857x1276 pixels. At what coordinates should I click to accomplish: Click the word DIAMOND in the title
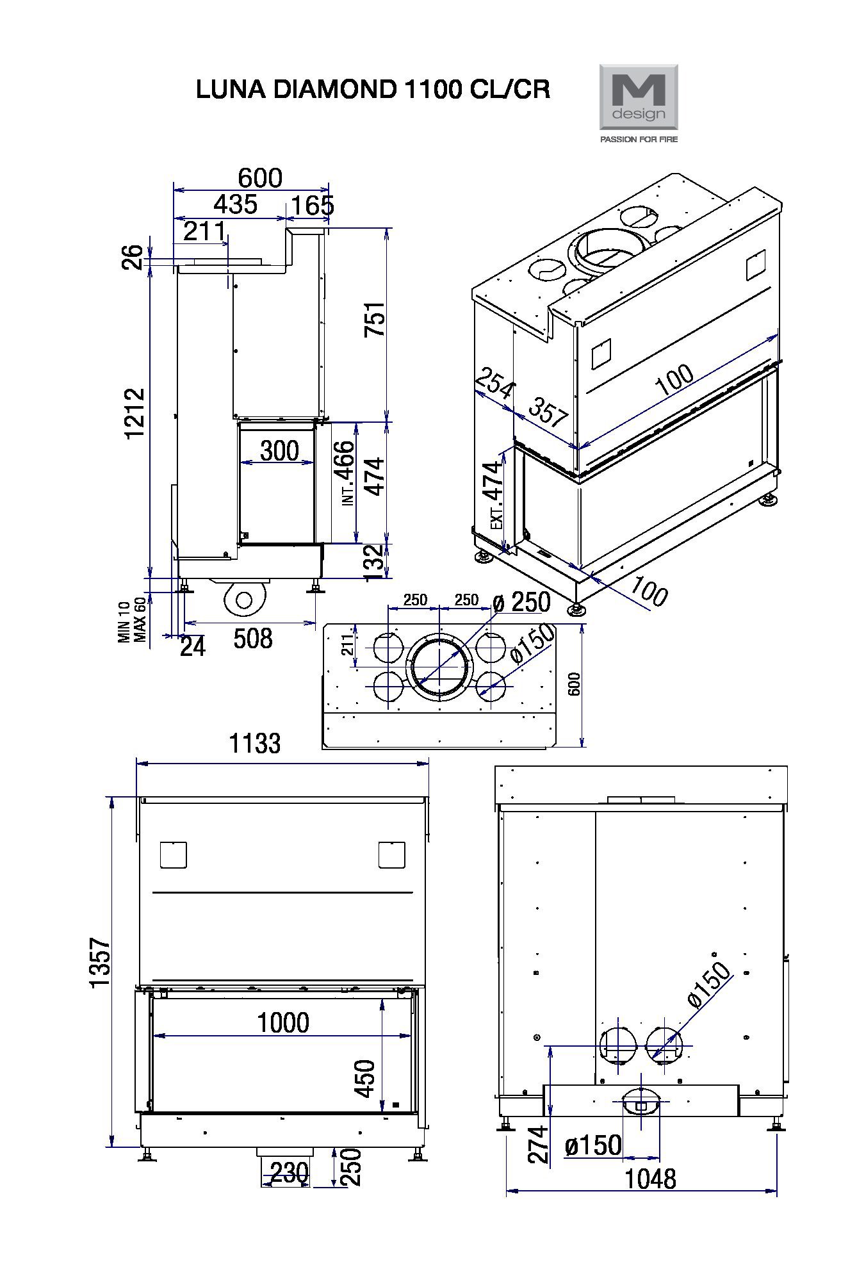pos(335,90)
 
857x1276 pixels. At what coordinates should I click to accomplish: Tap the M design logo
pos(638,97)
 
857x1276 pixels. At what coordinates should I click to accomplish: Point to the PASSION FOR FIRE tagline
pos(638,139)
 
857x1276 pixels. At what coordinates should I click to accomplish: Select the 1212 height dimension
pos(135,413)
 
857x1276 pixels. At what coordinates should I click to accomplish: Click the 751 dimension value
pos(375,320)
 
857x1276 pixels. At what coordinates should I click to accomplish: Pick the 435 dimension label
pos(236,204)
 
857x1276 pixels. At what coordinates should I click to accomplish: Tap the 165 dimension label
pos(313,206)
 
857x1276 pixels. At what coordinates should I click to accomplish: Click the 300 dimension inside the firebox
pos(279,451)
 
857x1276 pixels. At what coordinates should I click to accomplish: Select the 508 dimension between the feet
pos(253,639)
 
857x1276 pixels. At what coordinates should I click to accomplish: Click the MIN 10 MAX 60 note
pos(133,621)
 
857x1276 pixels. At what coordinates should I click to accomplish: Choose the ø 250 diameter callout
pos(521,602)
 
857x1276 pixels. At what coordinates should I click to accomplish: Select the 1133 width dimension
pos(255,744)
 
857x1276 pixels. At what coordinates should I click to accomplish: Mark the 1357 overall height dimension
pos(101,963)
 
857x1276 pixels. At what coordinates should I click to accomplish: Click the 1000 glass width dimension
pos(283,1022)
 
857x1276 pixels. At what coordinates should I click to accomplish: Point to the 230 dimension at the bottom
pos(290,1173)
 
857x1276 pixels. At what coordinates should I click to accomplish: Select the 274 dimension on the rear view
pos(538,1145)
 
